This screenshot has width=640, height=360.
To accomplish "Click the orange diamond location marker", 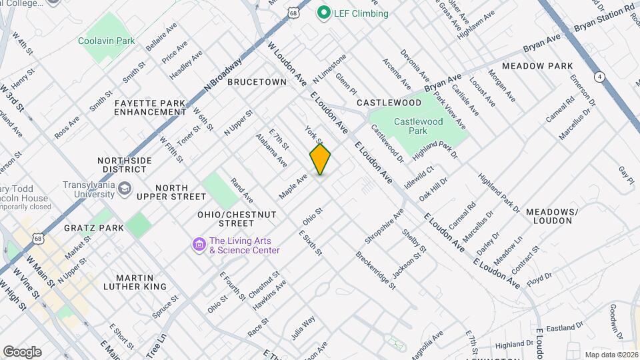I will pyautogui.click(x=320, y=159).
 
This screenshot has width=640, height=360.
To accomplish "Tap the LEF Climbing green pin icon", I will pyautogui.click(x=325, y=13).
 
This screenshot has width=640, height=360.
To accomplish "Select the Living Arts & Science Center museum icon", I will pyautogui.click(x=199, y=245).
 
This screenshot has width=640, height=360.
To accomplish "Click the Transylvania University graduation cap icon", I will pyautogui.click(x=124, y=189).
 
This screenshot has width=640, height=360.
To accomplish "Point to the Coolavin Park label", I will pyautogui.click(x=106, y=41).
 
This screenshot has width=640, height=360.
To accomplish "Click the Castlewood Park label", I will pyautogui.click(x=418, y=127).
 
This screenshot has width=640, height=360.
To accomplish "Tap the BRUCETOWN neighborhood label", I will pyautogui.click(x=257, y=82).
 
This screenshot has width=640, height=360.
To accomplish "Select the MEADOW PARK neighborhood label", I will pyautogui.click(x=537, y=66).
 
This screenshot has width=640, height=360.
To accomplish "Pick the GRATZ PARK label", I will pyautogui.click(x=94, y=228).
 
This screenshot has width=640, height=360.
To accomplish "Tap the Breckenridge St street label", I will pyautogui.click(x=375, y=269).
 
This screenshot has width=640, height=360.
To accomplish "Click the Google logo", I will pyautogui.click(x=22, y=351).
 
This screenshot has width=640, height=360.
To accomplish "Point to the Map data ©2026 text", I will pyautogui.click(x=611, y=355).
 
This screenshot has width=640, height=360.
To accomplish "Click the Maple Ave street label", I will pyautogui.click(x=293, y=186).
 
